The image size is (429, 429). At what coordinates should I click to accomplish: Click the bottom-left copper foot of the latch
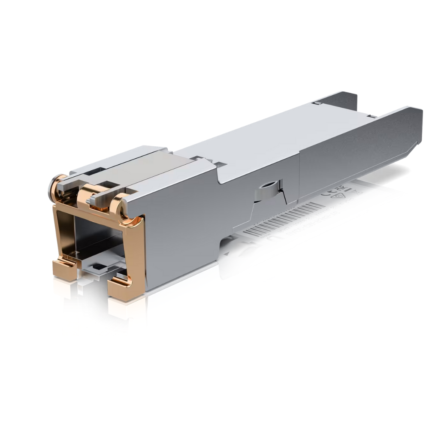[x=64, y=270]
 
